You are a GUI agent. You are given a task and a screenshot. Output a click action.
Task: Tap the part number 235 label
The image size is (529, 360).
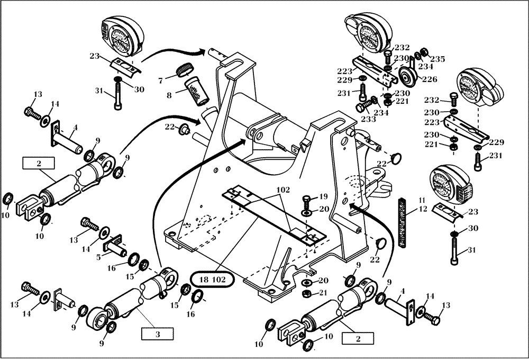437,59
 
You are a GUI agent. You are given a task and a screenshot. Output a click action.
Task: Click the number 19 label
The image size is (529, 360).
323,196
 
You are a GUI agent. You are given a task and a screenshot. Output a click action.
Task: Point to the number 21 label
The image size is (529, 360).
323,292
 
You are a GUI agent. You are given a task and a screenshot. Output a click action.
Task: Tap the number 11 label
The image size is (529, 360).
422,201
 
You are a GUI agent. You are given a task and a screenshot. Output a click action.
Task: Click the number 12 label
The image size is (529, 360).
422,209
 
